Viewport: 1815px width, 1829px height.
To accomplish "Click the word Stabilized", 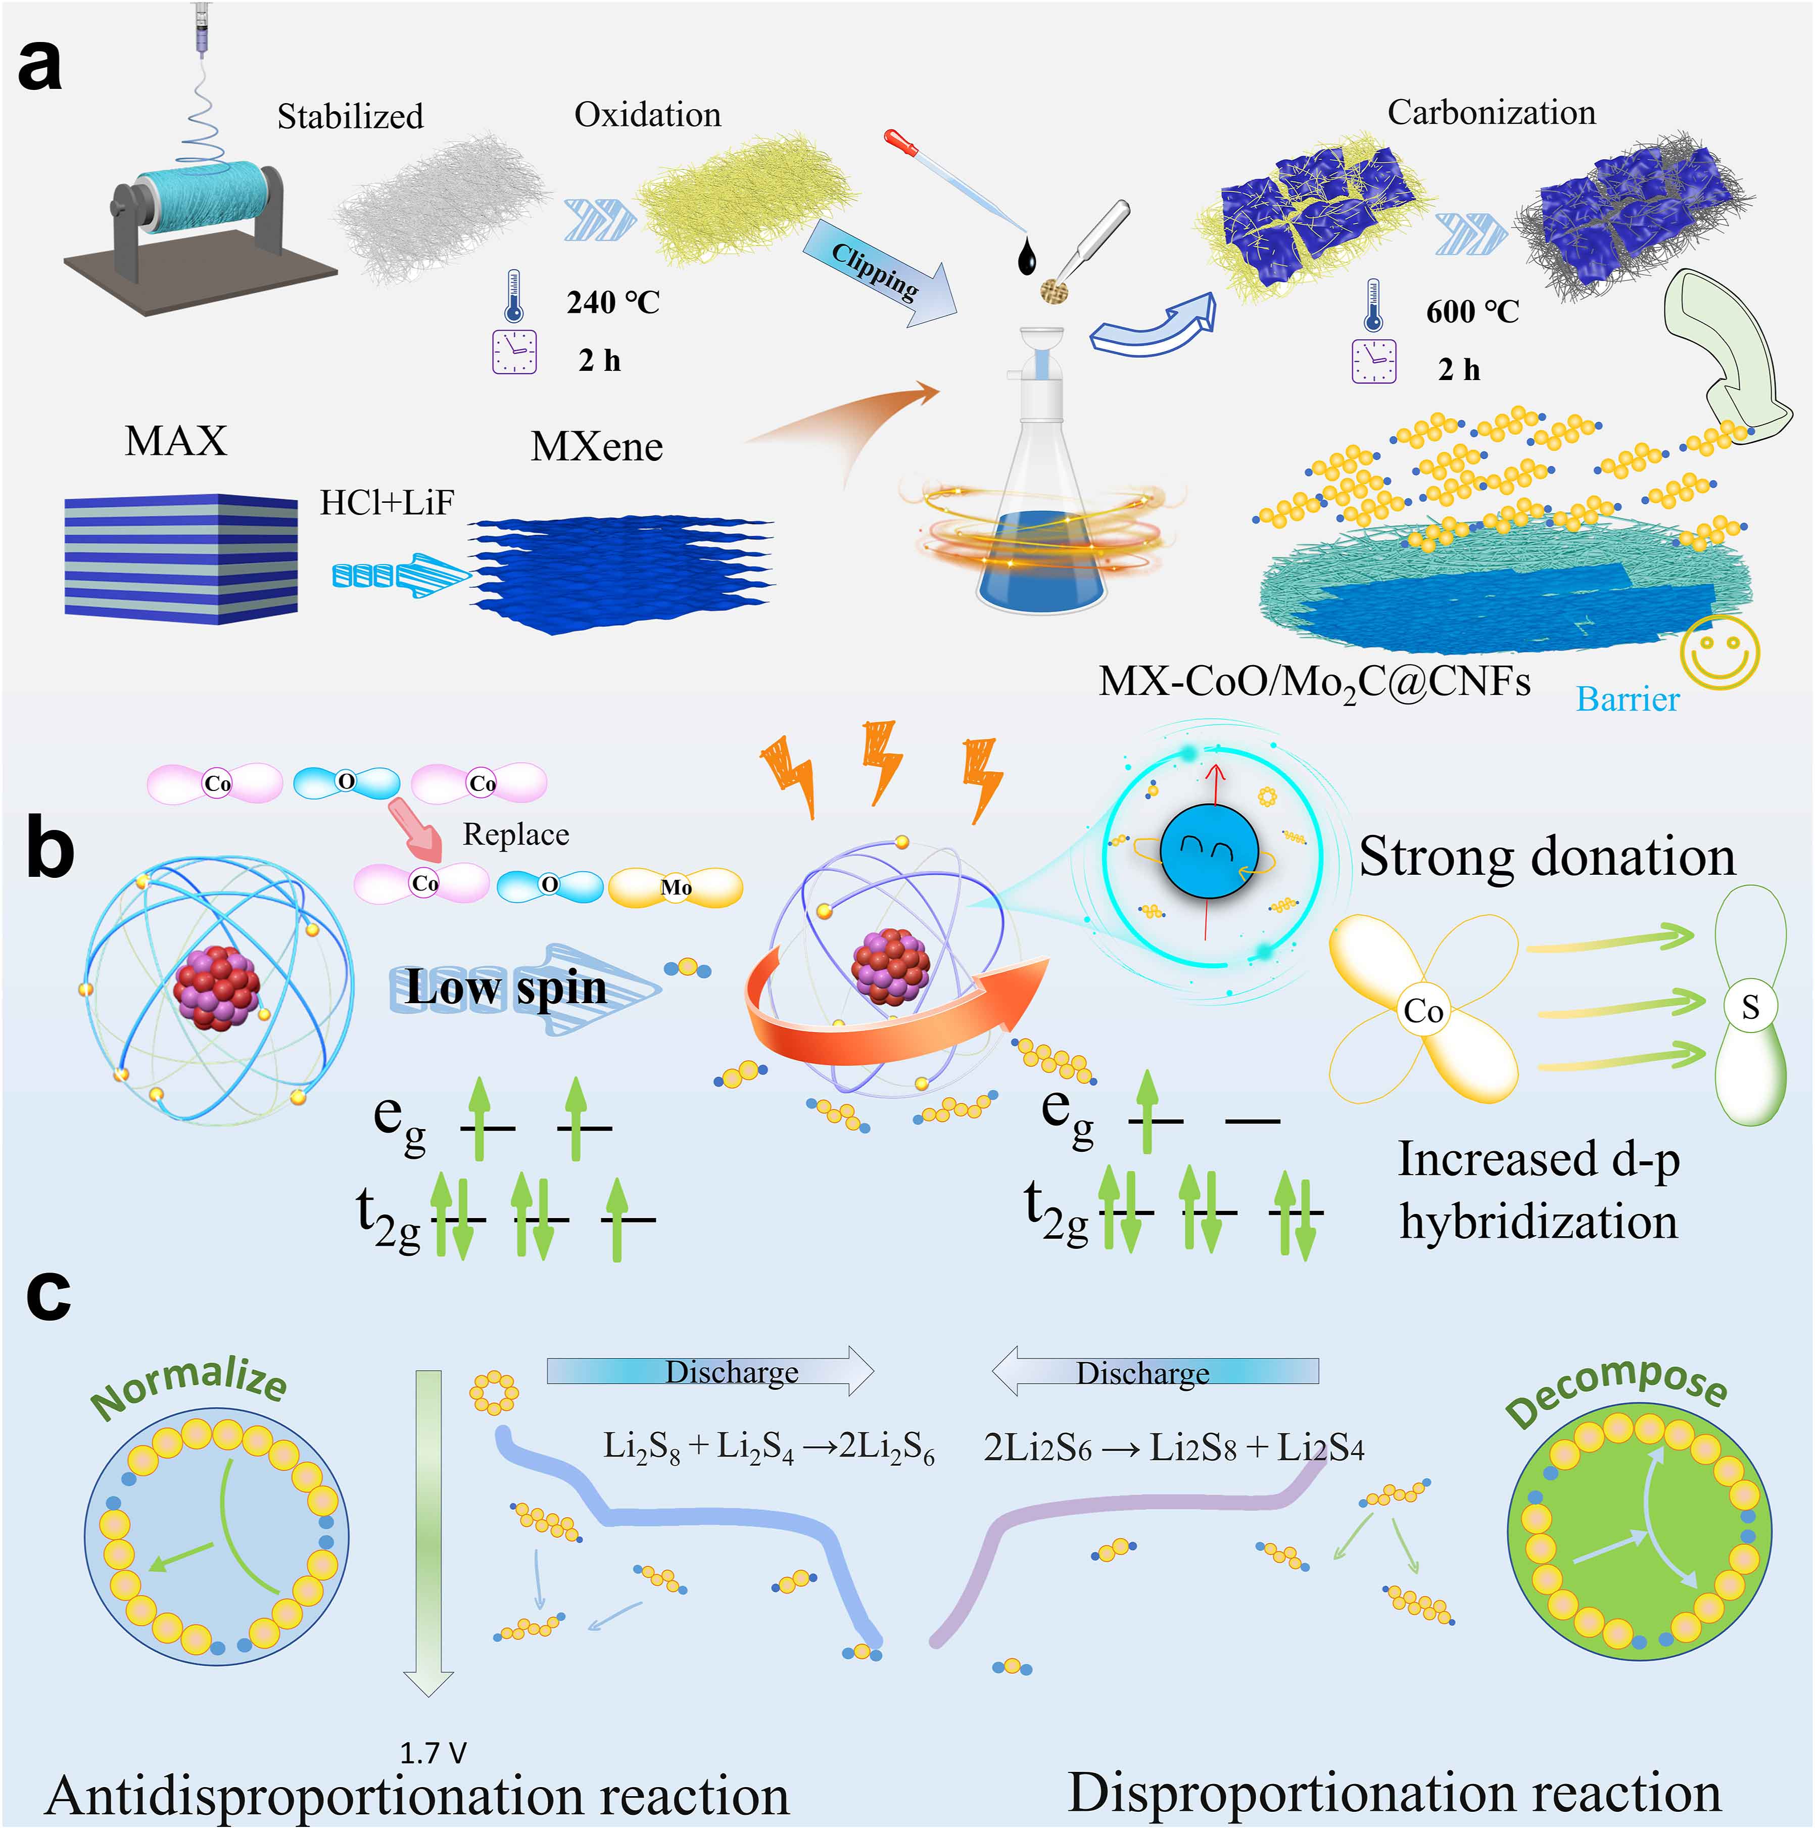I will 350,116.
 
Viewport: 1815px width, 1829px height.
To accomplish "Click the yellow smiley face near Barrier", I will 1720,652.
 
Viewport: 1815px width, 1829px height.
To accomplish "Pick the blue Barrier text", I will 1628,699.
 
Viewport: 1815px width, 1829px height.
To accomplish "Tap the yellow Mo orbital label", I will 676,887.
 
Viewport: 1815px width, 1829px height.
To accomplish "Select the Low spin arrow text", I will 506,989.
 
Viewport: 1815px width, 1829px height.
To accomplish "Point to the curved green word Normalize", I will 189,1384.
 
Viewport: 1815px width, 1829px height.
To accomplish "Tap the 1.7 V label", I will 433,1753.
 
